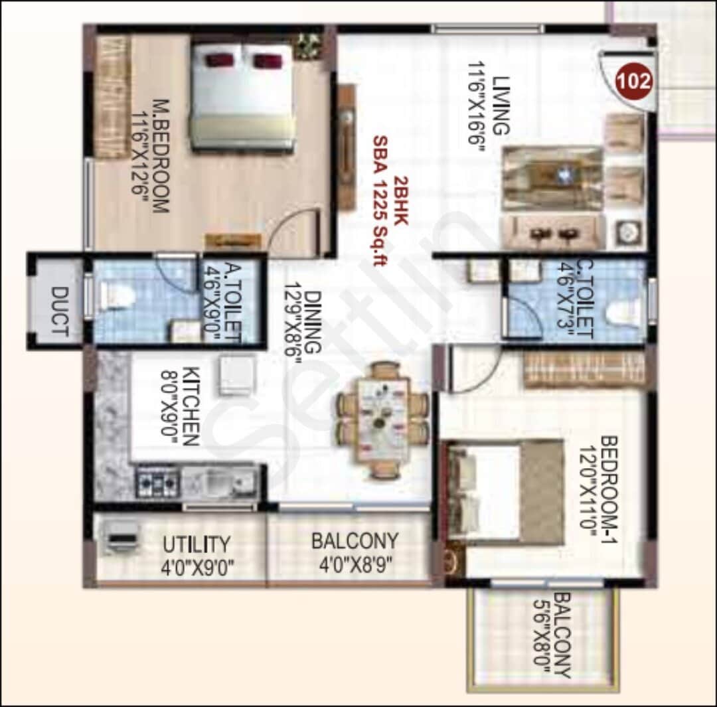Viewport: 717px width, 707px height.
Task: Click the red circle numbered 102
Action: coord(634,80)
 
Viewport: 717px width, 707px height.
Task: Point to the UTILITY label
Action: coord(197,544)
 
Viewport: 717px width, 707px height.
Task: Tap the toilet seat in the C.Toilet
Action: coord(621,313)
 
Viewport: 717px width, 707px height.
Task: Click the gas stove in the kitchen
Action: coord(157,481)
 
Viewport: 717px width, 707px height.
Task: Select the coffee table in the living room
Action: coord(552,178)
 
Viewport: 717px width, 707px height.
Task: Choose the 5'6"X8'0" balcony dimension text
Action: coord(543,636)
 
